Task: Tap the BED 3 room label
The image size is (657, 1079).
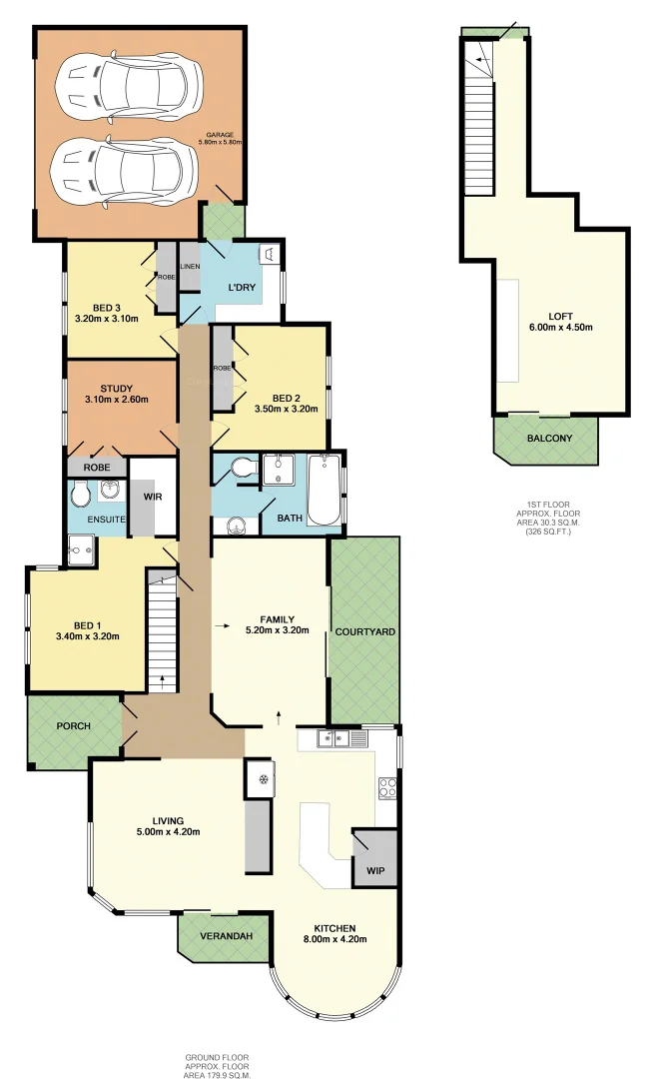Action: (x=106, y=307)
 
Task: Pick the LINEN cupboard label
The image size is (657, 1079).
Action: (x=190, y=267)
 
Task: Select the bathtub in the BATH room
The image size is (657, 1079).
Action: (x=323, y=491)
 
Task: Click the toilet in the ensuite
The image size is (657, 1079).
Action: (x=81, y=493)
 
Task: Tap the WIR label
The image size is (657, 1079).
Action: (x=153, y=496)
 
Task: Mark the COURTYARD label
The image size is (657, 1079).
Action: (x=364, y=632)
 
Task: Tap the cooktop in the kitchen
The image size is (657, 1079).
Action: (x=387, y=787)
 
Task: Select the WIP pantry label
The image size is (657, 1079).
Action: (x=374, y=870)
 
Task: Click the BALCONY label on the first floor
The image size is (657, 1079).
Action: (x=545, y=438)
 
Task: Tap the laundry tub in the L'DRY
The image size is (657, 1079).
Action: (x=268, y=255)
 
